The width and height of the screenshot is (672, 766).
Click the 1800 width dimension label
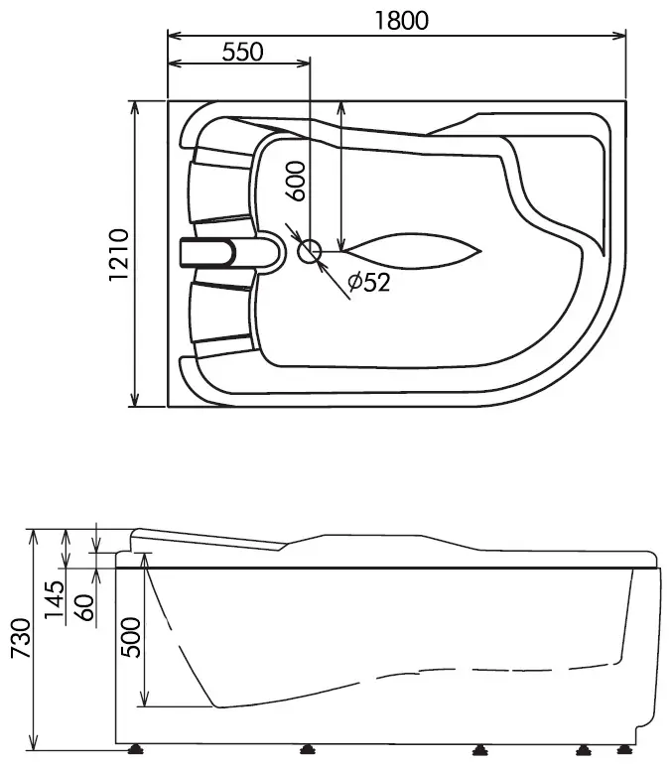401,21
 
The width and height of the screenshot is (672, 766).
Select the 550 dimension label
242,52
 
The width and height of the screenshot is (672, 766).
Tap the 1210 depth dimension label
119,255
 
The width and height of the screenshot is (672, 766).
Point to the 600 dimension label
295,182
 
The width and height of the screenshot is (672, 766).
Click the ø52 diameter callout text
369,282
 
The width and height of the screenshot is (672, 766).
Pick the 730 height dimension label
21,638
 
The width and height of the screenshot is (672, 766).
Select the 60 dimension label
85,607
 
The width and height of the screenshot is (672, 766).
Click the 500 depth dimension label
130,637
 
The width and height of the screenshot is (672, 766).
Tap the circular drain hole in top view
310,252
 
